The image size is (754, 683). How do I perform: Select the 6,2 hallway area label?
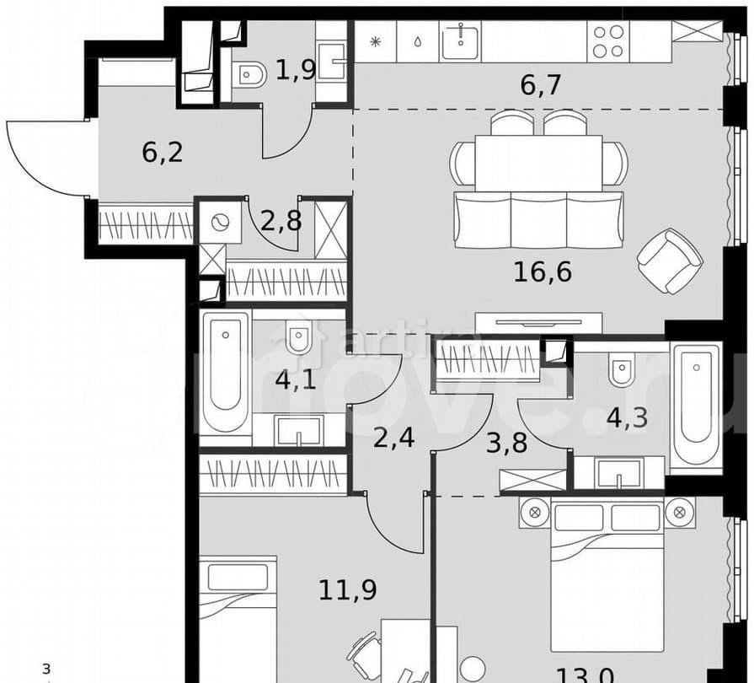coord(163,153)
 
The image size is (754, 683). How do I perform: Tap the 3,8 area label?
coord(506,442)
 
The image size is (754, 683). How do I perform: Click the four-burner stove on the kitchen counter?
coord(608,40)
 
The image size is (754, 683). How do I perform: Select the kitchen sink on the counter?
coord(460,40)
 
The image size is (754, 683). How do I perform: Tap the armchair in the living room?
coord(670,260)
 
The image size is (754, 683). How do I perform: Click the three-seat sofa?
coord(538,219)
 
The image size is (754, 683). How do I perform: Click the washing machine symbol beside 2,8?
coord(219,223)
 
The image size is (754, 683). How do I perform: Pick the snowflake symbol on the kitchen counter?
coord(377,40)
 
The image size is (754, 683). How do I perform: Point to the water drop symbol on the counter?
coord(418,40)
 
